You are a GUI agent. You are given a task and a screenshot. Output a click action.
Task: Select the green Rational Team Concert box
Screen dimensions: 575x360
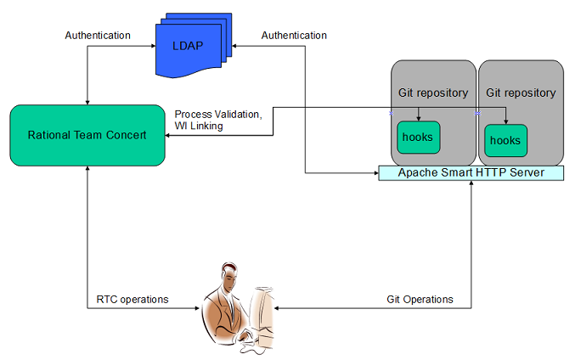click(x=87, y=135)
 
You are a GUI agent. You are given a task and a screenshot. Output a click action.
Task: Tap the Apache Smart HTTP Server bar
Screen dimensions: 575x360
click(x=471, y=172)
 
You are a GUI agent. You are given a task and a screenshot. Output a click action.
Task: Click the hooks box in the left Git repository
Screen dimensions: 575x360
click(x=419, y=137)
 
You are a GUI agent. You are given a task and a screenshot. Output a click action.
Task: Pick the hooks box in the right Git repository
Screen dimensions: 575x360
click(x=505, y=140)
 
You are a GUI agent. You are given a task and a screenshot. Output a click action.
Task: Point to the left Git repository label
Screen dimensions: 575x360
click(x=433, y=93)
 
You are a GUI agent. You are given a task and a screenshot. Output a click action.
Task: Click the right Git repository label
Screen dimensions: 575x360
click(x=521, y=93)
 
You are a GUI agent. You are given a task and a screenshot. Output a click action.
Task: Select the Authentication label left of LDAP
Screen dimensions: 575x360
click(x=98, y=35)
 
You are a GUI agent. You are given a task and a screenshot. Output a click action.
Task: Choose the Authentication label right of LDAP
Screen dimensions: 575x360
click(x=294, y=35)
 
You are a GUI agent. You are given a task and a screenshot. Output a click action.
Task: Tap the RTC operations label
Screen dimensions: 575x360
click(x=132, y=300)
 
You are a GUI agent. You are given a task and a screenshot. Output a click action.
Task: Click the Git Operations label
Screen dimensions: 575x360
click(x=420, y=300)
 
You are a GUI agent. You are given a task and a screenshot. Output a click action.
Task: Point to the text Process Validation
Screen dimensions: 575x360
click(x=218, y=115)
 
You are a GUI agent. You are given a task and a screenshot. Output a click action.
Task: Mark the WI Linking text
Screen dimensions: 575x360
click(x=199, y=126)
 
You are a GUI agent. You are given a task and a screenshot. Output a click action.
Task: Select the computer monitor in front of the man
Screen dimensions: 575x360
click(x=262, y=316)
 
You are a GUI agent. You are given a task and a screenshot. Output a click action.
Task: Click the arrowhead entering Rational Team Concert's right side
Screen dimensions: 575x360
click(x=167, y=135)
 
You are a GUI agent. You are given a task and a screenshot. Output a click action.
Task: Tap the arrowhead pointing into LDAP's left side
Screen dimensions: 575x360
click(x=153, y=46)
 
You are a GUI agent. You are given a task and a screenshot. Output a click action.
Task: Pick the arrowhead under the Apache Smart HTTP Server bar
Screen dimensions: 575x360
click(x=471, y=183)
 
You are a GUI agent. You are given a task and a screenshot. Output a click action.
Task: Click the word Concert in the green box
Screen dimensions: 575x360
click(x=127, y=135)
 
